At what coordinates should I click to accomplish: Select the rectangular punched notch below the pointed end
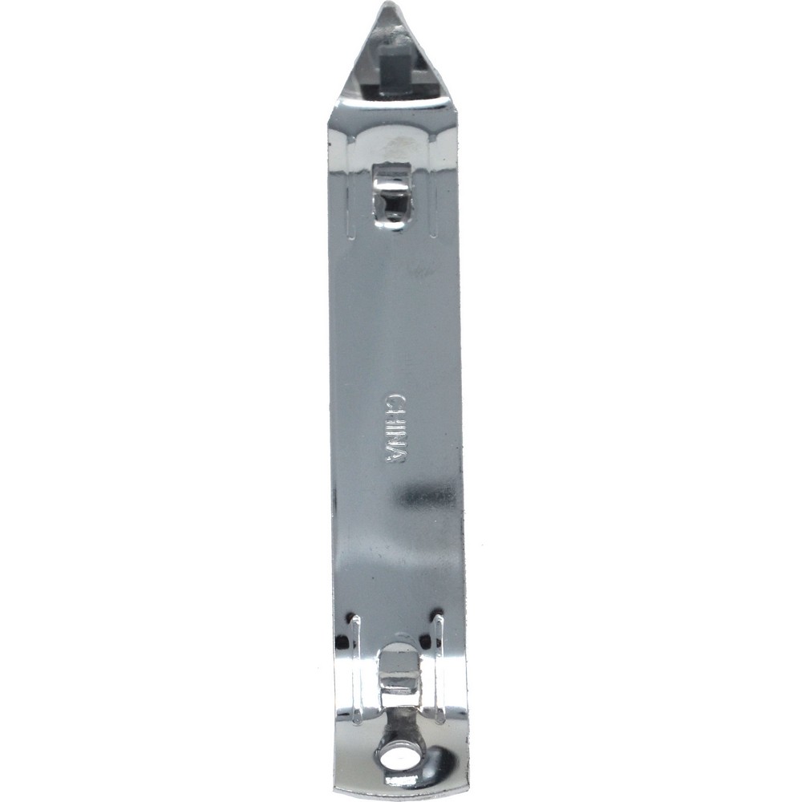[x=392, y=197]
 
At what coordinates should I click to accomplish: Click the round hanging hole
[x=395, y=755]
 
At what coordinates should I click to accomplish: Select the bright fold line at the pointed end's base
[x=393, y=102]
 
